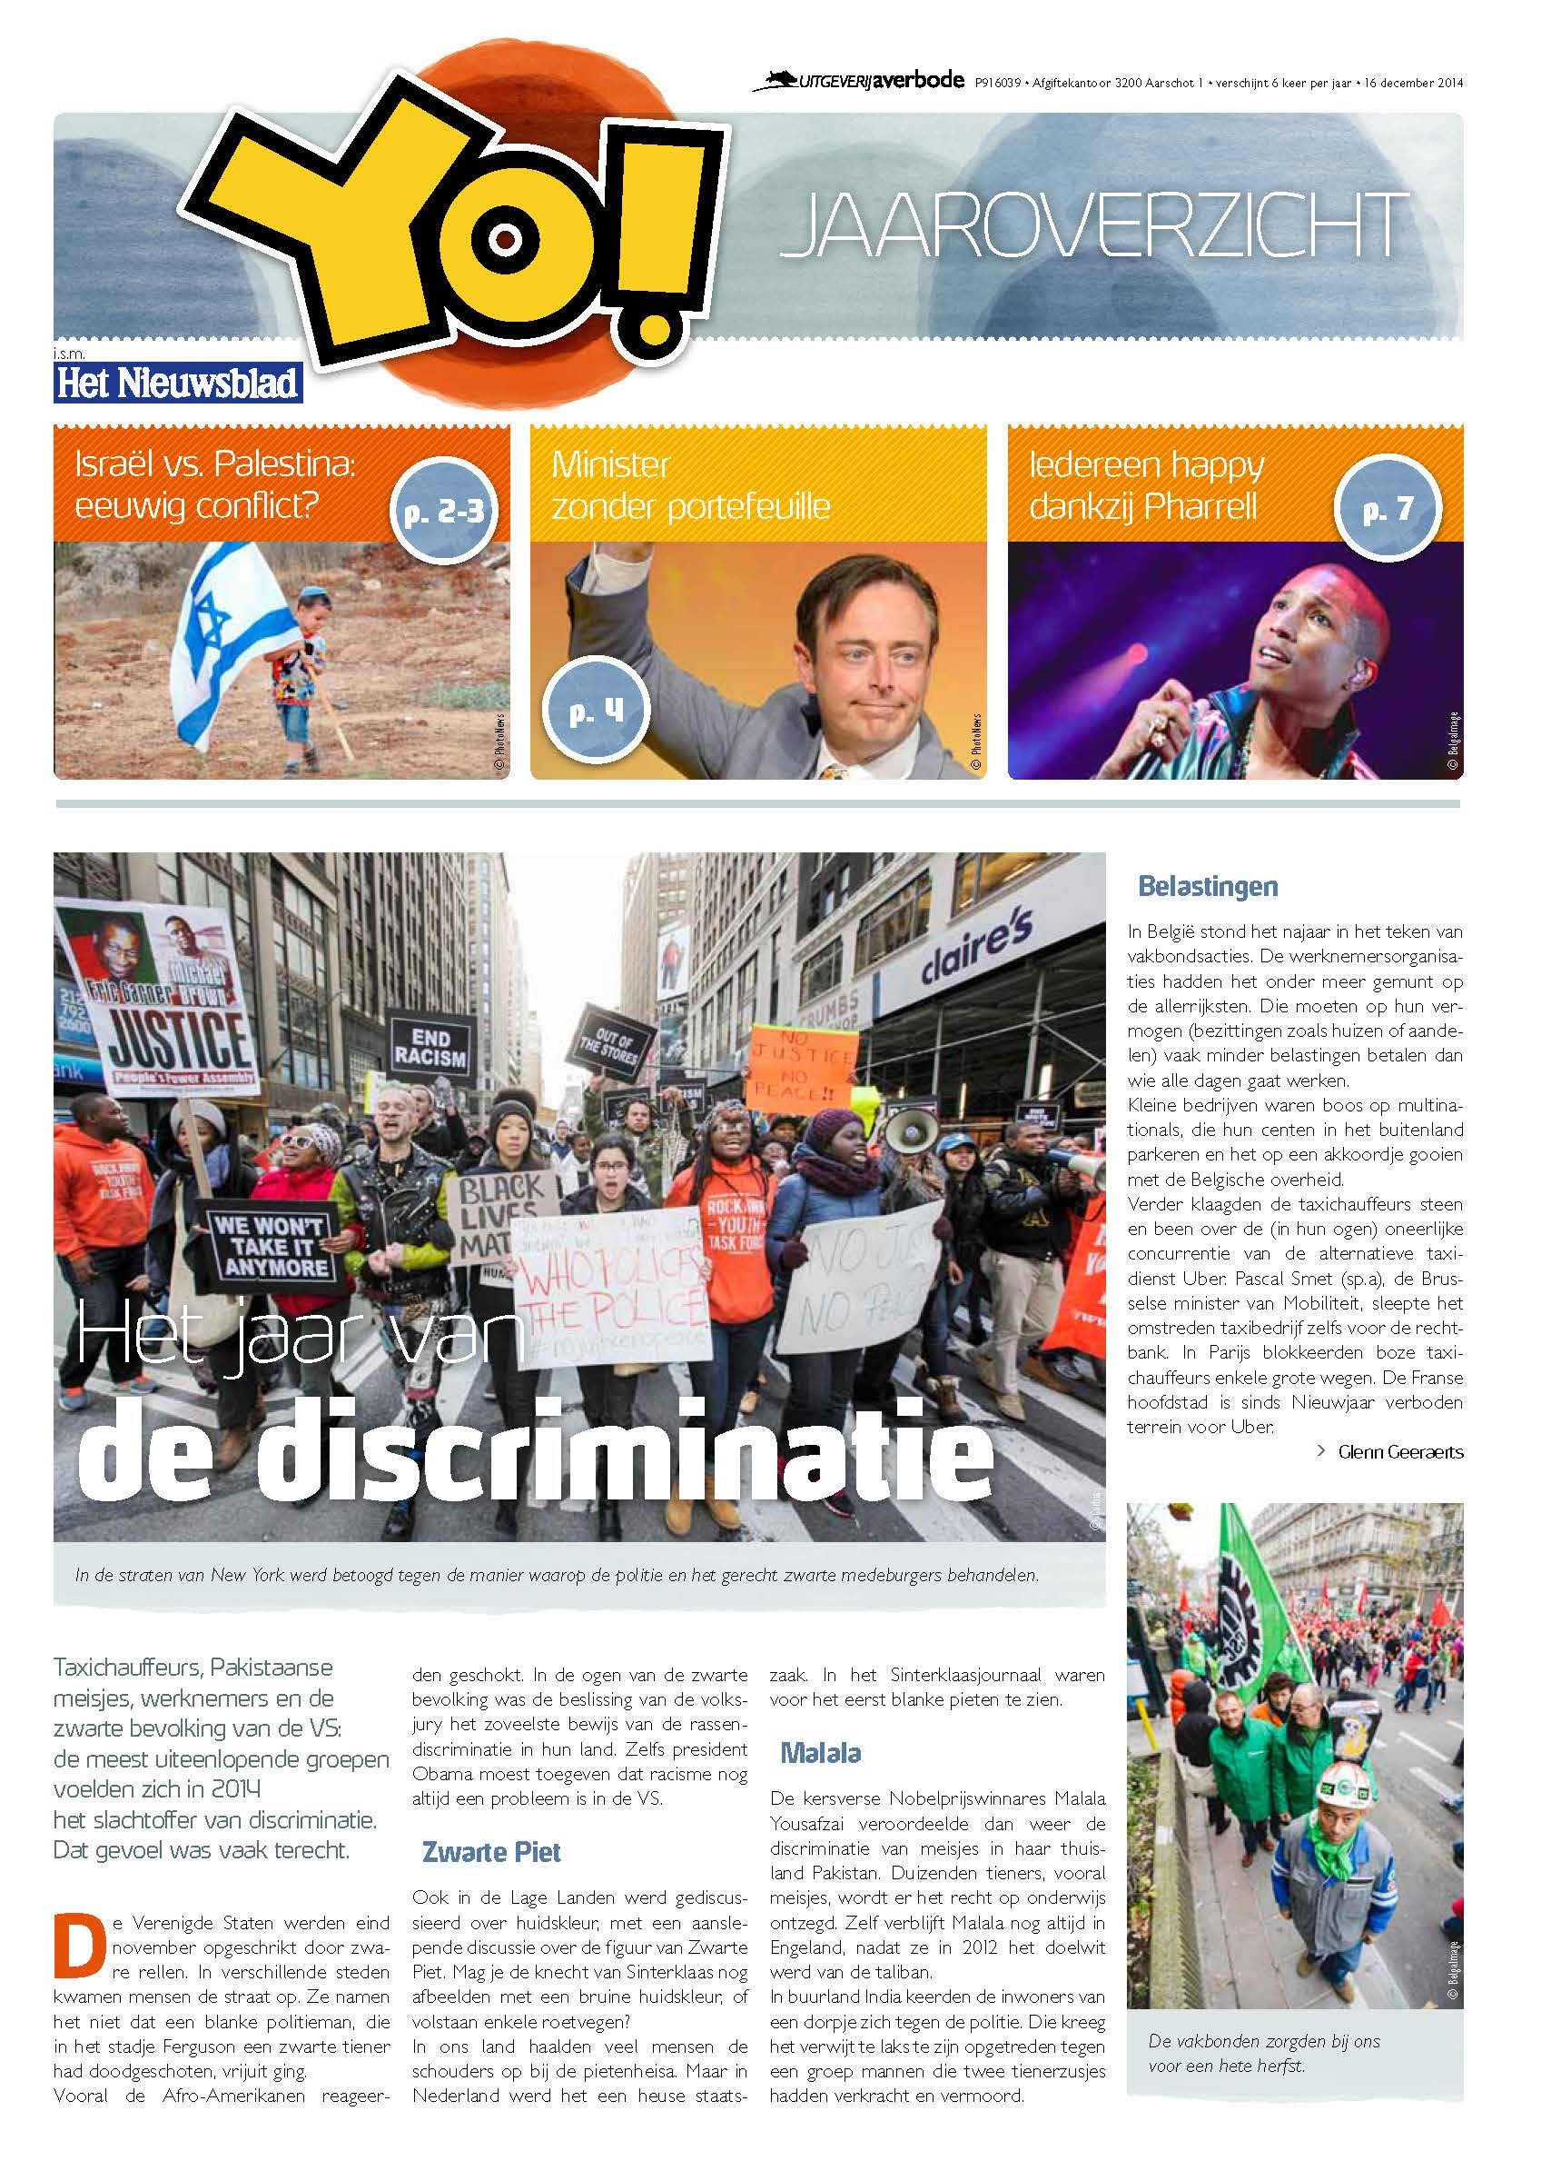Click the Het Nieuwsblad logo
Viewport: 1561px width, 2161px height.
[x=178, y=381]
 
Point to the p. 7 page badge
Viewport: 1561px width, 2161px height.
[x=1387, y=510]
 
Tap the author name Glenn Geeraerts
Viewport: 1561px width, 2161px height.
[x=1399, y=1452]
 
